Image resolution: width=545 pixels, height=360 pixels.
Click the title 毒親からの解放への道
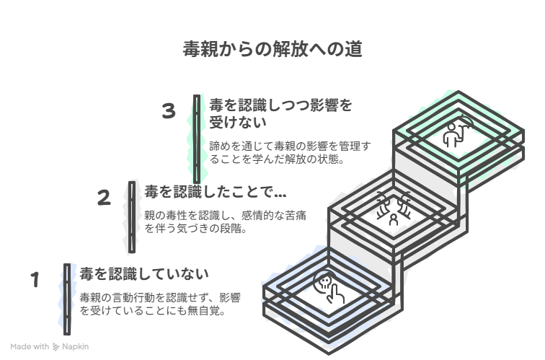272,48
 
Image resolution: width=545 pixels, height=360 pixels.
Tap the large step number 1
35,280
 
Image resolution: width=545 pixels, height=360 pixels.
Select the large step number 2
104,198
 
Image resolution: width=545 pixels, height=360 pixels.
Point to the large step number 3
169,111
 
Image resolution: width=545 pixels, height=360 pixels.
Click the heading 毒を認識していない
144,274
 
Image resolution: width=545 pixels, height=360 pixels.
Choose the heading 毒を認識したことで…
215,192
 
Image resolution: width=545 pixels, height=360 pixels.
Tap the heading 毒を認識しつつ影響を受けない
281,114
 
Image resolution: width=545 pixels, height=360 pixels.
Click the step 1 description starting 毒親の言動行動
160,304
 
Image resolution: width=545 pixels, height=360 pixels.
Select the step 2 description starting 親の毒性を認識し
225,222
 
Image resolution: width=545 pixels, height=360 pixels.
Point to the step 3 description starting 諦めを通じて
290,152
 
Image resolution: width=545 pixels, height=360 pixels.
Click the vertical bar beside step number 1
67,299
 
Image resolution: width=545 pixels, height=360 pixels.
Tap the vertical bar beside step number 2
132,217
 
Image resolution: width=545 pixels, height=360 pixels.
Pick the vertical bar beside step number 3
197,139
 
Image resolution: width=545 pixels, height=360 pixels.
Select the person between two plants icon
394,208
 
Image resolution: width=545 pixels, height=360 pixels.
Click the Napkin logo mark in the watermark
56,347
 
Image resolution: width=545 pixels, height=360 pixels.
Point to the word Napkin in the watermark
76,347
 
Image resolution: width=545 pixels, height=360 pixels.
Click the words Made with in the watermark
30,347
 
